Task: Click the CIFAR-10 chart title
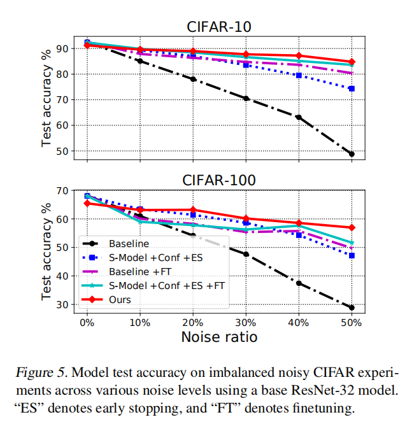coord(218,27)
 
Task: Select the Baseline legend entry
coord(129,244)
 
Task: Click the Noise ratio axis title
coord(218,337)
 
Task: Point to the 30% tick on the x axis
coord(246,323)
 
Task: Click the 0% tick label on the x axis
coord(87,323)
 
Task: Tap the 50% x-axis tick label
coord(352,323)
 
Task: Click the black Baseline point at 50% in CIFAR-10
coord(352,154)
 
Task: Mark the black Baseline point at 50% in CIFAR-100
coord(352,307)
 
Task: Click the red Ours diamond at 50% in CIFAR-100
coord(352,227)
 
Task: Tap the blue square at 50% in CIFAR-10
coord(352,88)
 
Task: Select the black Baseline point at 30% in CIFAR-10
coord(246,99)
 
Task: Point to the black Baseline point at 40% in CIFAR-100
coord(299,283)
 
